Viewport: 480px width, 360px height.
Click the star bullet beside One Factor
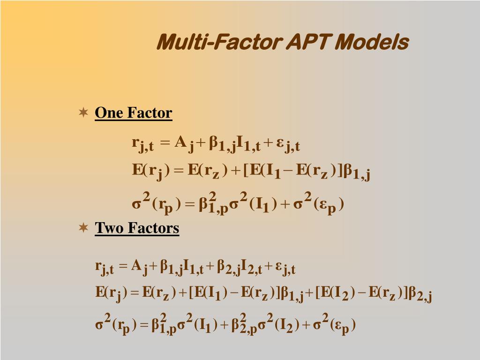click(x=83, y=112)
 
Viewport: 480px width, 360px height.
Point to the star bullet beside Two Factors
click(x=83, y=228)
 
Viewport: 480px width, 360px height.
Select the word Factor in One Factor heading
click(x=150, y=113)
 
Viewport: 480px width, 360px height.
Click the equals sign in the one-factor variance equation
click(x=189, y=205)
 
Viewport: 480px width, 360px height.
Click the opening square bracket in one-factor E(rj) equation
click(x=246, y=171)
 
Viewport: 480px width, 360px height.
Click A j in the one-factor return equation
click(x=184, y=143)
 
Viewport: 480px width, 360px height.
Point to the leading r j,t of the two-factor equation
click(x=105, y=268)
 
